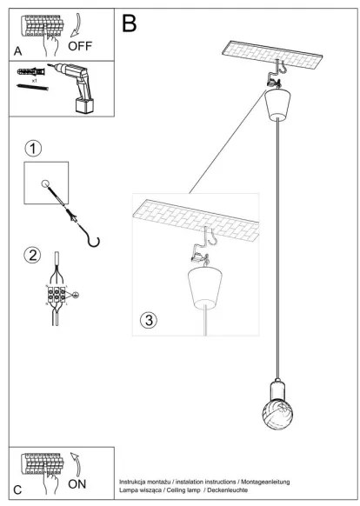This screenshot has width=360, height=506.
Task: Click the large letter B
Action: [x=129, y=23]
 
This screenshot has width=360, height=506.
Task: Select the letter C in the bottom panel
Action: [x=18, y=489]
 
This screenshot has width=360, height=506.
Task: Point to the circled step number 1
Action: [x=32, y=148]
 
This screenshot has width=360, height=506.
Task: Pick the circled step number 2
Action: [x=33, y=255]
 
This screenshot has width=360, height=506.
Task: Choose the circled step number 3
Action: [x=149, y=320]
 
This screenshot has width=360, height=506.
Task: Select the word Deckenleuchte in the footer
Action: [x=225, y=490]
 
